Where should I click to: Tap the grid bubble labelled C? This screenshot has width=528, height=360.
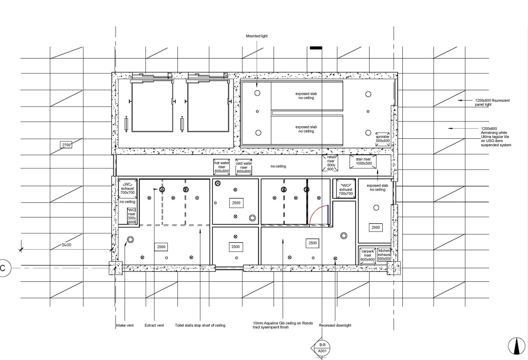3,268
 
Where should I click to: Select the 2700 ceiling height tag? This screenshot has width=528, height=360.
67,144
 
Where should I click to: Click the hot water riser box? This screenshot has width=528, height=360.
222,166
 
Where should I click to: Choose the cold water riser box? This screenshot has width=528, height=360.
244,166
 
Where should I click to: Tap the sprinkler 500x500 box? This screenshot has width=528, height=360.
382,138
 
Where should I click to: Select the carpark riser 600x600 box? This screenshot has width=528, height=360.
367,254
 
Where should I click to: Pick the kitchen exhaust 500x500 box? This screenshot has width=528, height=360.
384,254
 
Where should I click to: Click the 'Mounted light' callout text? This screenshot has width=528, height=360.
258,36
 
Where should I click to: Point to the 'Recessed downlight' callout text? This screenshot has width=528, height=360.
336,326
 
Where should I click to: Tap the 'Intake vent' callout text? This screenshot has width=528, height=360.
125,326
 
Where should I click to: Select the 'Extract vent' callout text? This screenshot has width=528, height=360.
154,326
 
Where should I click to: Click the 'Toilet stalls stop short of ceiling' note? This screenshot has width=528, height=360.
200,326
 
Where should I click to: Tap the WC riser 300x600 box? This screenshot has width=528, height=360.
131,215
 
